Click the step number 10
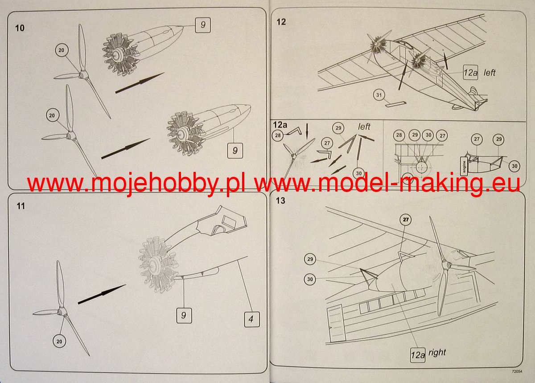pyautogui.click(x=20, y=28)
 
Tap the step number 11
pyautogui.click(x=21, y=206)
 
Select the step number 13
pyautogui.click(x=280, y=200)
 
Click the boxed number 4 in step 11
pyautogui.click(x=252, y=319)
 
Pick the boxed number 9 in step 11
pyautogui.click(x=184, y=315)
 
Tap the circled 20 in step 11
pyautogui.click(x=59, y=342)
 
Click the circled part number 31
pyautogui.click(x=379, y=95)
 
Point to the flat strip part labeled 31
pyautogui.click(x=395, y=104)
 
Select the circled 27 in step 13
pyautogui.click(x=406, y=220)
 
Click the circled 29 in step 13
pyautogui.click(x=310, y=259)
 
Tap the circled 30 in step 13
pyautogui.click(x=310, y=279)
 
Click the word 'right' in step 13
pyautogui.click(x=437, y=352)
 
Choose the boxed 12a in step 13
pyautogui.click(x=418, y=355)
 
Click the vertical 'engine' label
pyautogui.click(x=464, y=166)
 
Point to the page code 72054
pyautogui.click(x=517, y=371)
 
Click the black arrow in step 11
pyautogui.click(x=102, y=294)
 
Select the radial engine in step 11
pyautogui.click(x=158, y=265)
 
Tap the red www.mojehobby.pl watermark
pyautogui.click(x=136, y=185)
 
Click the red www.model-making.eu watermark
pyautogui.click(x=387, y=185)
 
